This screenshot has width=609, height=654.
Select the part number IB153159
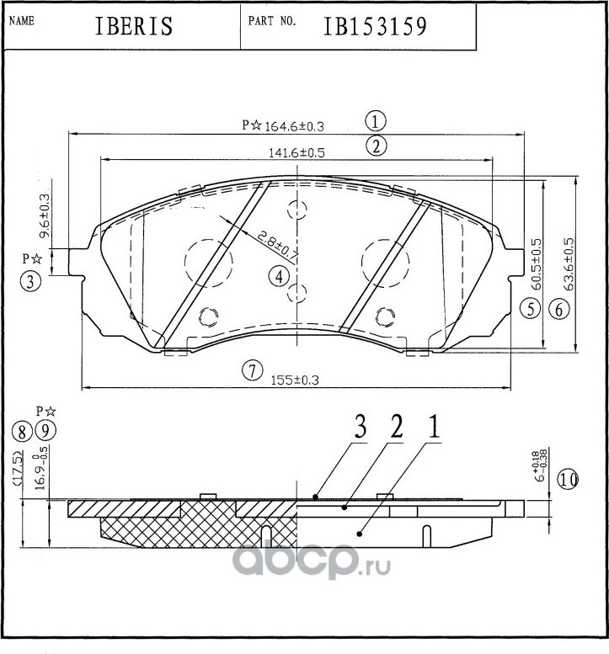pyautogui.click(x=376, y=26)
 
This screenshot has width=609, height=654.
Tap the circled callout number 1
pyautogui.click(x=376, y=120)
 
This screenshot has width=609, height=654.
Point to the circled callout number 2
pyautogui.click(x=376, y=146)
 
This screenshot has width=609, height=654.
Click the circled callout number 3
pyautogui.click(x=30, y=283)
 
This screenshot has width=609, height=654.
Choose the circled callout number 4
pyautogui.click(x=280, y=275)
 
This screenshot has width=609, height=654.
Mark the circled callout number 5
pyautogui.click(x=529, y=309)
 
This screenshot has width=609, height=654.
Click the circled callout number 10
pyautogui.click(x=569, y=480)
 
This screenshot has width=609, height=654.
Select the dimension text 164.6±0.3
pyautogui.click(x=294, y=126)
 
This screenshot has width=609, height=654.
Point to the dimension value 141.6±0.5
pyautogui.click(x=296, y=152)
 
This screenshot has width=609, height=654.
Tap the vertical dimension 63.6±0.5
pyautogui.click(x=569, y=264)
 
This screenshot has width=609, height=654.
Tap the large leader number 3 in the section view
pyautogui.click(x=360, y=429)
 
